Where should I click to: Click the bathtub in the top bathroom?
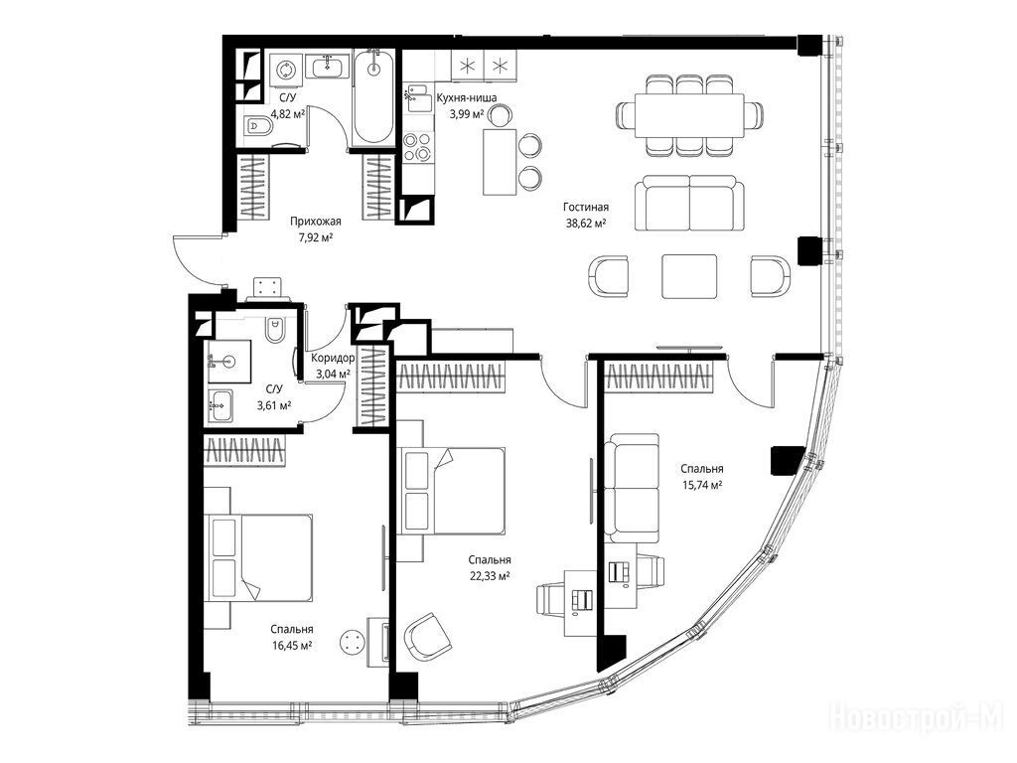coord(373,97)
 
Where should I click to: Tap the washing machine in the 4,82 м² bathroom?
coord(286,70)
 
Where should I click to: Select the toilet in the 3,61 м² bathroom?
coord(274,330)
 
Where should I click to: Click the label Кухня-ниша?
coord(467,98)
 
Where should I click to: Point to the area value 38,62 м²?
coord(586,223)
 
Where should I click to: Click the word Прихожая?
coord(315,222)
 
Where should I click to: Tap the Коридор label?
coord(333,358)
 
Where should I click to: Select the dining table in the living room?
coord(689,115)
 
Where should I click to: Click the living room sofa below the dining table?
coord(689,203)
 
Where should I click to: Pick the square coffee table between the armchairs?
coord(689,276)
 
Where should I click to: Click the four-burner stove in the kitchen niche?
coord(417,147)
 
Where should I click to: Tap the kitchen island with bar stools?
coord(501,162)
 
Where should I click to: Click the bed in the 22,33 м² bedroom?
coord(452,491)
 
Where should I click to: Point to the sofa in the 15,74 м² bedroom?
coord(633,488)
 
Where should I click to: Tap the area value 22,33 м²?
coord(489,575)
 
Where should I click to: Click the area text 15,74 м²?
coord(702,485)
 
